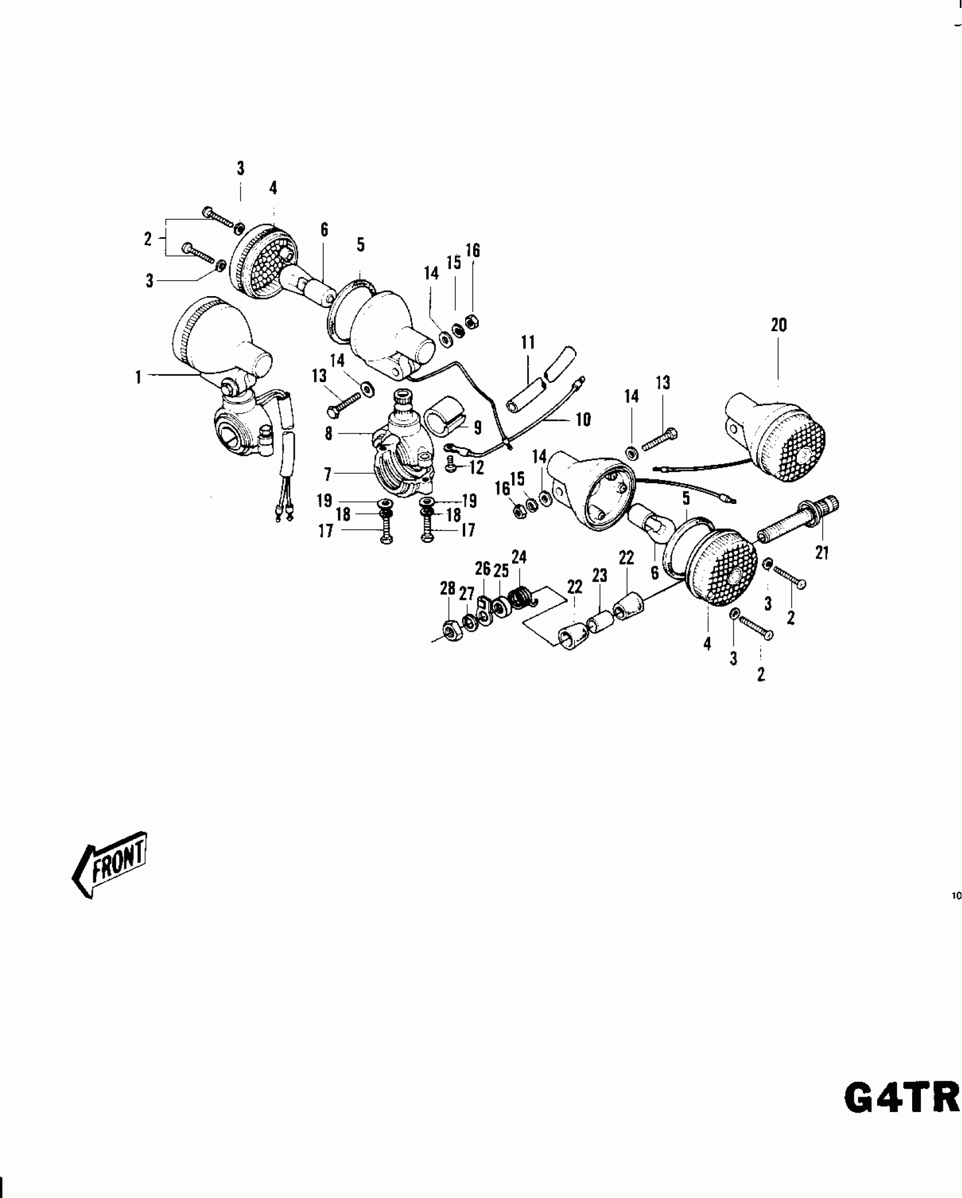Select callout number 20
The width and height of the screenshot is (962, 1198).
click(x=779, y=325)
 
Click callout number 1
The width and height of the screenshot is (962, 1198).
click(x=138, y=377)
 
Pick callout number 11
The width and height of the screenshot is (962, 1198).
click(x=528, y=343)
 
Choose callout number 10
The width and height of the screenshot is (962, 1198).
click(x=583, y=420)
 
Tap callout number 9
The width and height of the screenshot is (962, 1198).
click(x=478, y=427)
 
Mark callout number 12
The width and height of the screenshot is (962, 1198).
click(x=476, y=468)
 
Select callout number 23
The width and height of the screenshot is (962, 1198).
click(x=599, y=576)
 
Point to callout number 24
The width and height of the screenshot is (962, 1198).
click(x=519, y=558)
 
